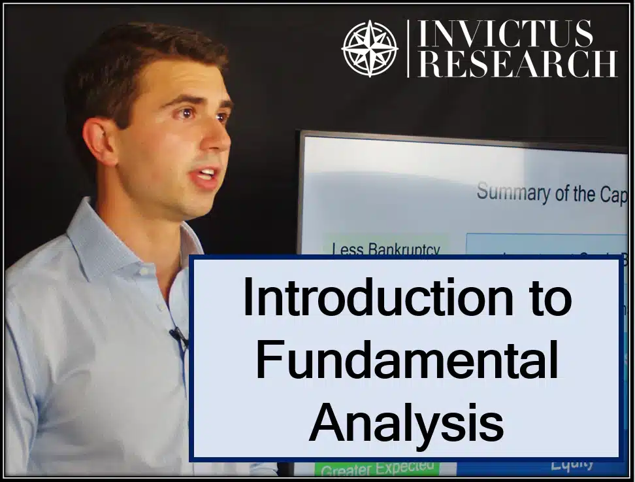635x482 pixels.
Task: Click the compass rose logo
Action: (370, 48)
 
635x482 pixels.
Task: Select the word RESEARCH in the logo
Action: (517, 64)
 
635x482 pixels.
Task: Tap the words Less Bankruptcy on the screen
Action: (386, 249)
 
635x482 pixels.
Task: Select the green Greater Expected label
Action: (378, 468)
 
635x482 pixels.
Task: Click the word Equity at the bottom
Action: (572, 464)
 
